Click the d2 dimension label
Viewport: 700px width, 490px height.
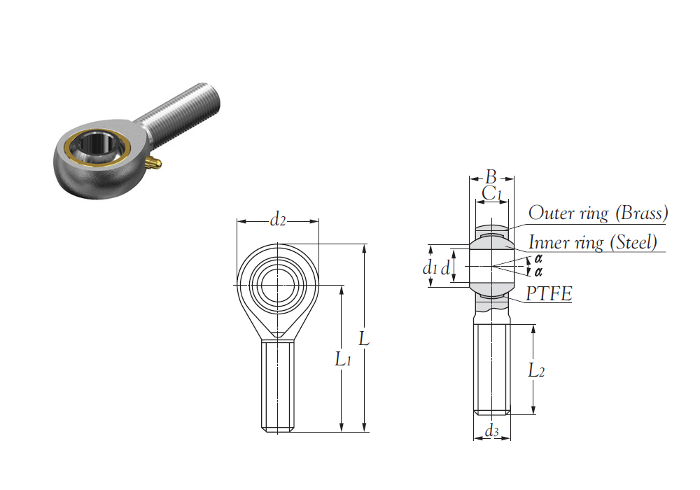pos(277,220)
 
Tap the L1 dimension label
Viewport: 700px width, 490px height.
pos(343,359)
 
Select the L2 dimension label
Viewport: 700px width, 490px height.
pos(536,370)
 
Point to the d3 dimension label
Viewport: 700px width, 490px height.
pos(491,431)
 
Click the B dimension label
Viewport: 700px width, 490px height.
pos(491,176)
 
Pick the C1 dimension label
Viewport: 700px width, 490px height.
pos(492,194)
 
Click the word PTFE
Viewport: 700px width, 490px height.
pos(549,293)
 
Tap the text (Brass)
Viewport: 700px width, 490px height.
pos(641,213)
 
